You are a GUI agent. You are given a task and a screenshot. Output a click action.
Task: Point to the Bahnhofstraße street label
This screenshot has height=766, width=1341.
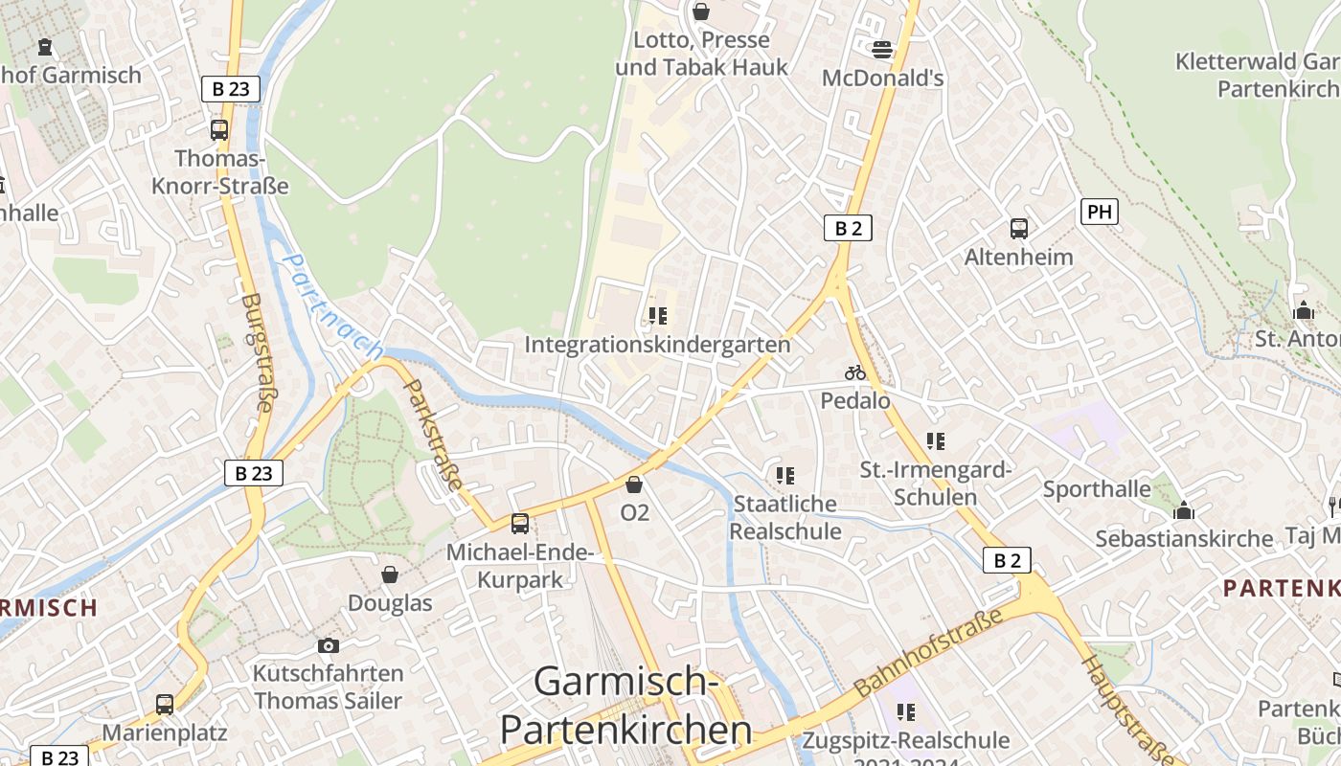(x=928, y=651)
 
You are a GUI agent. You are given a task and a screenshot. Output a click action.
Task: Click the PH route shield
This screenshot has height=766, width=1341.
(x=1100, y=212)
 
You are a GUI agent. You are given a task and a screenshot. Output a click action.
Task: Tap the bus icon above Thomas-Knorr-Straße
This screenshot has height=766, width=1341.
(x=219, y=130)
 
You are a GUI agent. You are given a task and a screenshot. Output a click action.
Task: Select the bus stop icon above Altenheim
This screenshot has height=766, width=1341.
(x=1019, y=229)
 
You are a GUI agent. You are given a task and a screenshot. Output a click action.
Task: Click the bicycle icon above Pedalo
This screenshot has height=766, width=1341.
(x=855, y=372)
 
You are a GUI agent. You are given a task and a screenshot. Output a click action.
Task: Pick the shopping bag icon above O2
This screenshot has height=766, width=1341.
(x=634, y=484)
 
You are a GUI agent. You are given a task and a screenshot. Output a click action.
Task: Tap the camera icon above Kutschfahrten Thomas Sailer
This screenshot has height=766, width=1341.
(x=329, y=646)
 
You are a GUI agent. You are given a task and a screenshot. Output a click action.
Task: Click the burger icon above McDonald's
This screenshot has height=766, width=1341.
(x=882, y=49)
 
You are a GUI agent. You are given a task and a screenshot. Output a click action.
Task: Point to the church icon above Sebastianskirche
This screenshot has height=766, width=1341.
(x=1184, y=510)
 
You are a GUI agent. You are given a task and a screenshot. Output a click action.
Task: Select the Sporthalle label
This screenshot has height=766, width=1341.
(x=1097, y=489)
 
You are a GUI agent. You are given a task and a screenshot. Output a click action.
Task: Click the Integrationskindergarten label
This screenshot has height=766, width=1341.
(x=658, y=345)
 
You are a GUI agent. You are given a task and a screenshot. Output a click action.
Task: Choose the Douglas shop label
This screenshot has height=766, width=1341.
(x=390, y=603)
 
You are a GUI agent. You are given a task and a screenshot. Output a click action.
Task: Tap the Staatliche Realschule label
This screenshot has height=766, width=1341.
(x=785, y=517)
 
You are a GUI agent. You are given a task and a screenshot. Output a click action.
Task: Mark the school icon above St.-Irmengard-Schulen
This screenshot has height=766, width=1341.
(x=936, y=441)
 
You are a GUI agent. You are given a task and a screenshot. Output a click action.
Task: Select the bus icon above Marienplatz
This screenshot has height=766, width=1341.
(x=165, y=705)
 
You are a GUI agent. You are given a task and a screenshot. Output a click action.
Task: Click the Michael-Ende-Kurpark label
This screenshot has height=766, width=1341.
(x=521, y=566)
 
